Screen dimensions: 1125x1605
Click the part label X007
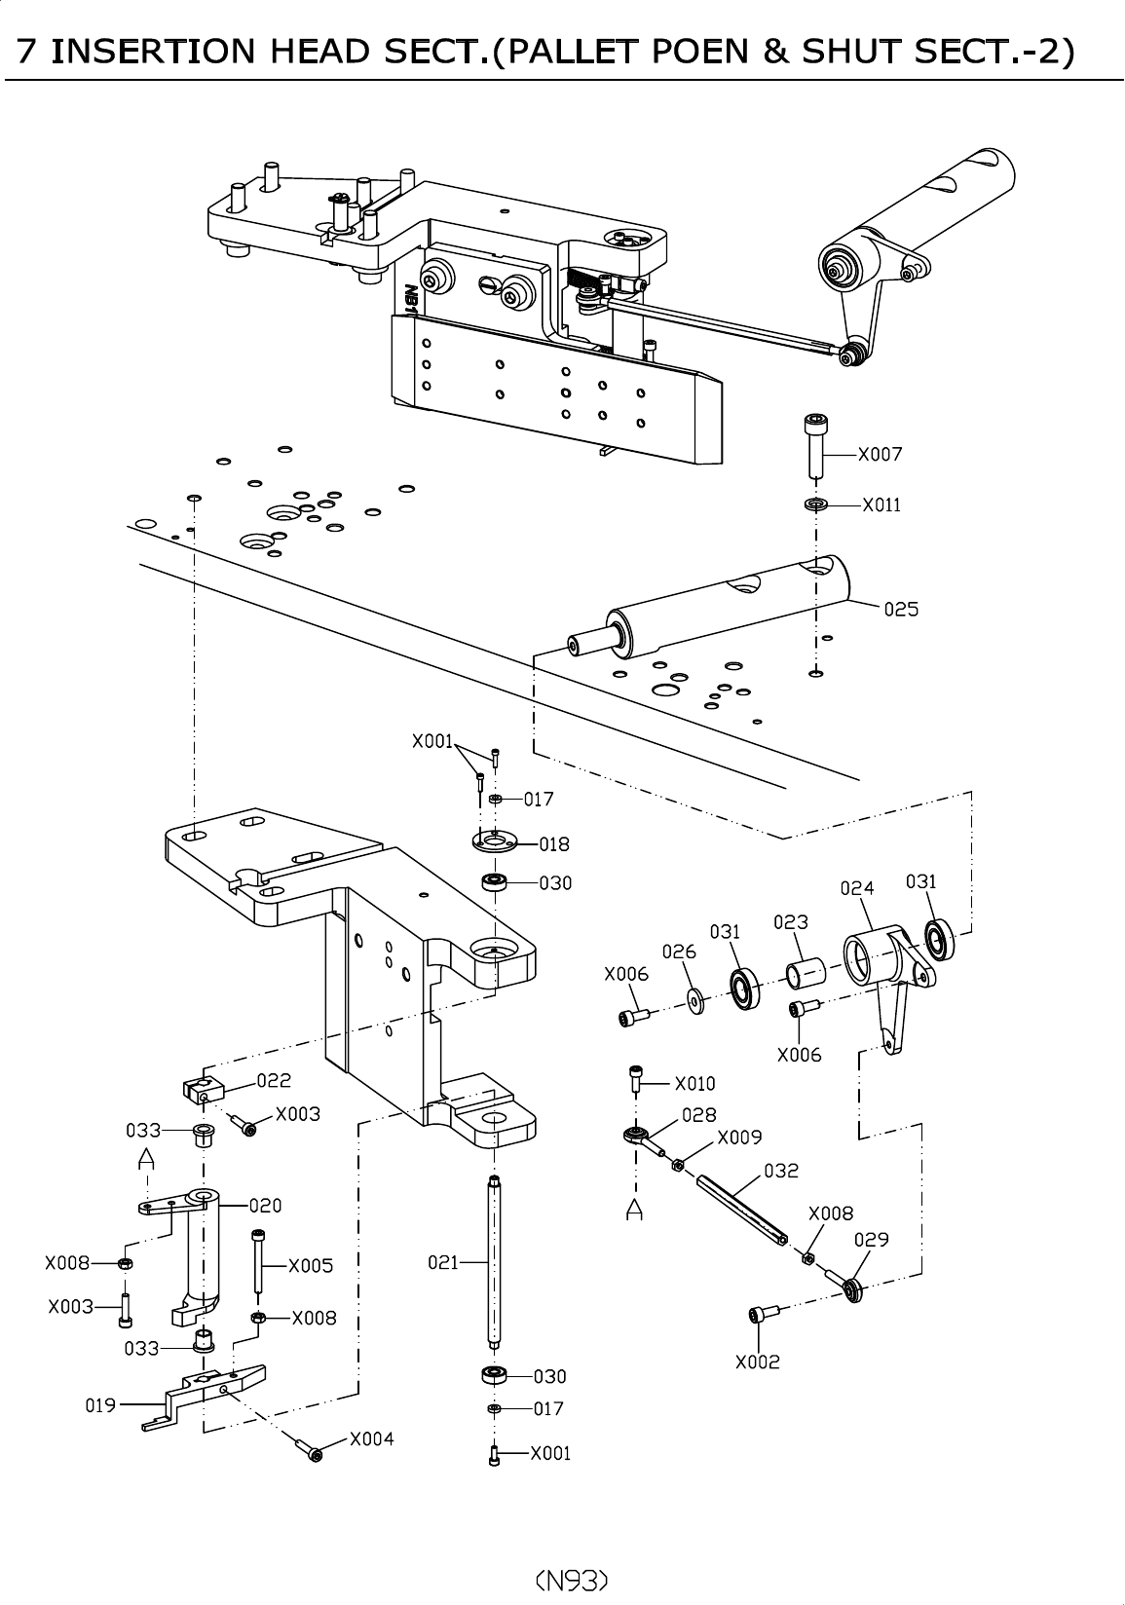pos(880,454)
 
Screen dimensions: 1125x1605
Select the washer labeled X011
pos(815,504)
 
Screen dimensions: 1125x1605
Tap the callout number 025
pos(901,609)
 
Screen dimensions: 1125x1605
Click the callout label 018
pos(554,844)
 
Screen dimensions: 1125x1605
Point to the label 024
pos(857,888)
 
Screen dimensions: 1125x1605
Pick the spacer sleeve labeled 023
pos(806,972)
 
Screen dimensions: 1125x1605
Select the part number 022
pos(274,1080)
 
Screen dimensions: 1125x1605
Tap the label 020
pos(265,1206)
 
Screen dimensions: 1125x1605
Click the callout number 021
pos(443,1262)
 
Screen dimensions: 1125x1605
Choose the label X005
pos(311,1266)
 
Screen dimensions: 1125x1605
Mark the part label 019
pos(100,1405)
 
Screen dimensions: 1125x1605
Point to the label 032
pos(781,1171)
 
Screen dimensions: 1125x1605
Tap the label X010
pos(695,1083)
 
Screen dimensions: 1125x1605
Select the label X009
pos(739,1138)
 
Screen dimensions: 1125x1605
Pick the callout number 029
pos(872,1240)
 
